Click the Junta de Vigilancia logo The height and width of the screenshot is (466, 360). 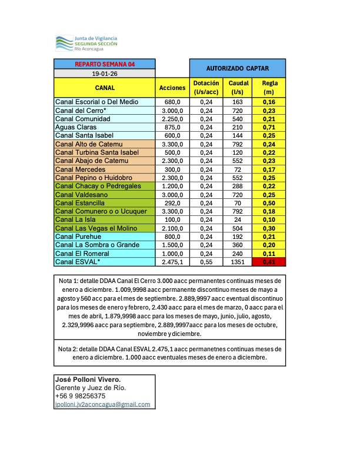point(86,43)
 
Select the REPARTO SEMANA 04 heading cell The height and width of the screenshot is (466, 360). point(105,64)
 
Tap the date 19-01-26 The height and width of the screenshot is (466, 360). point(105,74)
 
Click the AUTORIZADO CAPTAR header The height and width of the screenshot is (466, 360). point(238,68)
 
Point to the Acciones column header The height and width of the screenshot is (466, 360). point(172,88)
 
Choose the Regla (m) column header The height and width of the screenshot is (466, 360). point(269,88)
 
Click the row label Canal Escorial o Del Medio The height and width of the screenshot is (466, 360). point(96,102)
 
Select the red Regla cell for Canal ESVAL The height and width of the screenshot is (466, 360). point(269,262)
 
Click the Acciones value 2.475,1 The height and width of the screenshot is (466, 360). point(172,262)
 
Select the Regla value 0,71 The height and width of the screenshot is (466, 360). point(269,127)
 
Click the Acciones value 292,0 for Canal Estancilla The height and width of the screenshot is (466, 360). point(172,203)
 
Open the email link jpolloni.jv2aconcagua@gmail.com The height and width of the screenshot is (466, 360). point(102,405)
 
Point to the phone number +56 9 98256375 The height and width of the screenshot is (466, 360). point(80,396)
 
